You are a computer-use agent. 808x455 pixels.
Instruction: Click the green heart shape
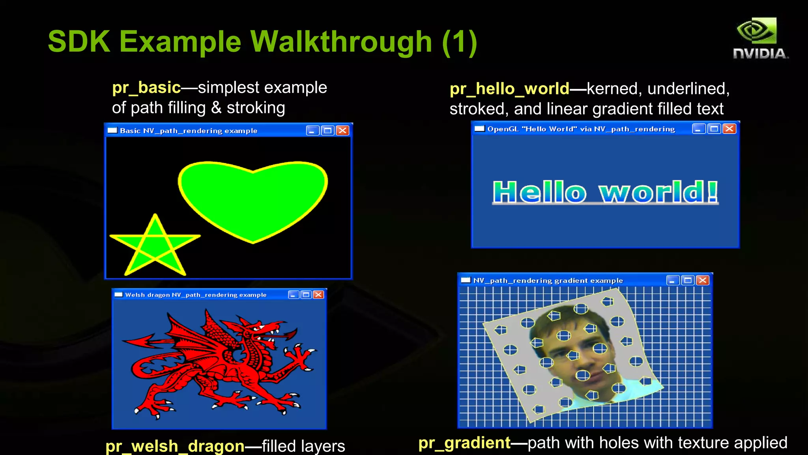(x=252, y=199)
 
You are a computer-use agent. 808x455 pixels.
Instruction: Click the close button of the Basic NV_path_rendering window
(x=342, y=131)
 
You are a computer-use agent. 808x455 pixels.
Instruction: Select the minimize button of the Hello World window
(x=699, y=129)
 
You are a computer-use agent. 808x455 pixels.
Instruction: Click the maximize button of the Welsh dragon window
(x=306, y=295)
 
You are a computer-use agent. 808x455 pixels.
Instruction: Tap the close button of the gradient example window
(x=702, y=280)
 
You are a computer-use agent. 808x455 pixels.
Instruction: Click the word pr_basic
(x=146, y=88)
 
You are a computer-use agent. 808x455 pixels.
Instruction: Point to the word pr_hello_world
(x=509, y=89)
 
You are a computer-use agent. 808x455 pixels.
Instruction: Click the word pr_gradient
(x=464, y=443)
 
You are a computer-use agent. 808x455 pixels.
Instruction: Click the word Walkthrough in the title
(x=341, y=41)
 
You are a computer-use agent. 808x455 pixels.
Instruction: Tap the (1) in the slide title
(x=460, y=41)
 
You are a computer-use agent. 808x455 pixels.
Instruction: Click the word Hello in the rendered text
(x=539, y=192)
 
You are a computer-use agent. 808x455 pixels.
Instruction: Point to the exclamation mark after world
(x=712, y=192)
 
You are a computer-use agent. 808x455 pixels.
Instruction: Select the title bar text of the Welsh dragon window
(x=196, y=295)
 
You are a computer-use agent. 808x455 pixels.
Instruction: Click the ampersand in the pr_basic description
(x=216, y=108)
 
